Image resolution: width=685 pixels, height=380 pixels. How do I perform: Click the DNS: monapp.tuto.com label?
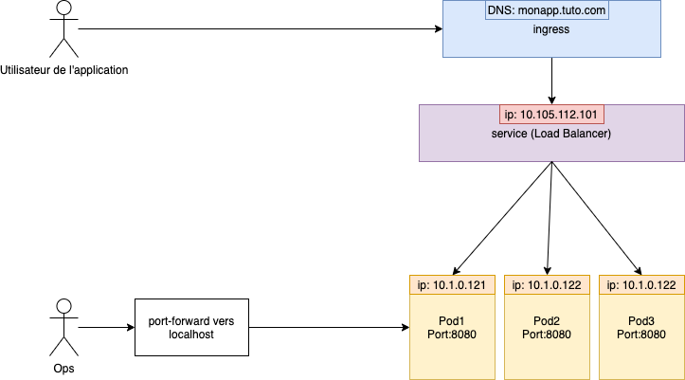tap(548, 11)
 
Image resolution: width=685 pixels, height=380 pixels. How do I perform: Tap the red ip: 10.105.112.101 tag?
tap(551, 116)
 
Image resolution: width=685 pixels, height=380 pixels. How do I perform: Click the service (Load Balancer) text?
tap(551, 135)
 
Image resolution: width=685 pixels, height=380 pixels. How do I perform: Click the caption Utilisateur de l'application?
tap(64, 70)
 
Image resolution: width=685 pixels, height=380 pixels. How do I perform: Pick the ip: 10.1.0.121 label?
tap(451, 285)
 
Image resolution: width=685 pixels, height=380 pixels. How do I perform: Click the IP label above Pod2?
tap(549, 285)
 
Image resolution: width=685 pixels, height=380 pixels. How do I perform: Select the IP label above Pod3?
tap(640, 285)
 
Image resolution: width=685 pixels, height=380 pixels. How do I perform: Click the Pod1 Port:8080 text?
tap(451, 327)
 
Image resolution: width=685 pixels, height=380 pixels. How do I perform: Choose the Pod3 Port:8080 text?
tap(640, 327)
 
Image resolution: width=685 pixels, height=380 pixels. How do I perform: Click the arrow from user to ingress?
tap(261, 29)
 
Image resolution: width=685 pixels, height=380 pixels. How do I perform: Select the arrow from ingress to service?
tap(550, 80)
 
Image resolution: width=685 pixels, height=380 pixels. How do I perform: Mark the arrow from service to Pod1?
tap(503, 216)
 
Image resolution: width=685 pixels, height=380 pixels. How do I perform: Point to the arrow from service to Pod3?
tap(596, 216)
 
